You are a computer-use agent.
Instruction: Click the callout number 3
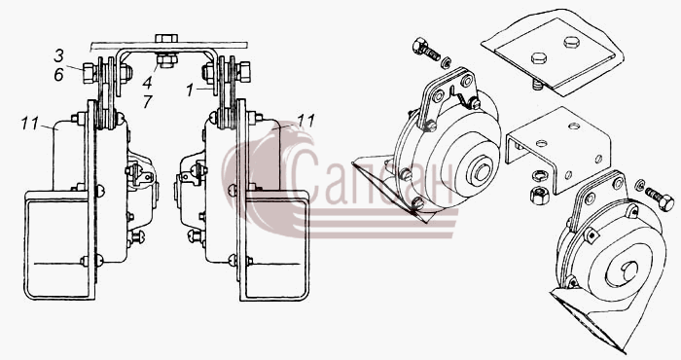click(58, 55)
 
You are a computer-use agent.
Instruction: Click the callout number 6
click(58, 75)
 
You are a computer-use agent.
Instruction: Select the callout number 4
click(148, 83)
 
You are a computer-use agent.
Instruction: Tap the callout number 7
click(148, 101)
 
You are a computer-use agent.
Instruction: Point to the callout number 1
click(190, 90)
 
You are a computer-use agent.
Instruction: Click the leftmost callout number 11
click(30, 124)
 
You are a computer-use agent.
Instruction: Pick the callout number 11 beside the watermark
click(305, 122)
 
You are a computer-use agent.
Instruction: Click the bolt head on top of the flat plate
click(166, 38)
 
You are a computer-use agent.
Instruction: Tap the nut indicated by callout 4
click(167, 60)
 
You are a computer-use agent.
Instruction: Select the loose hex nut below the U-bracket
click(539, 195)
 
